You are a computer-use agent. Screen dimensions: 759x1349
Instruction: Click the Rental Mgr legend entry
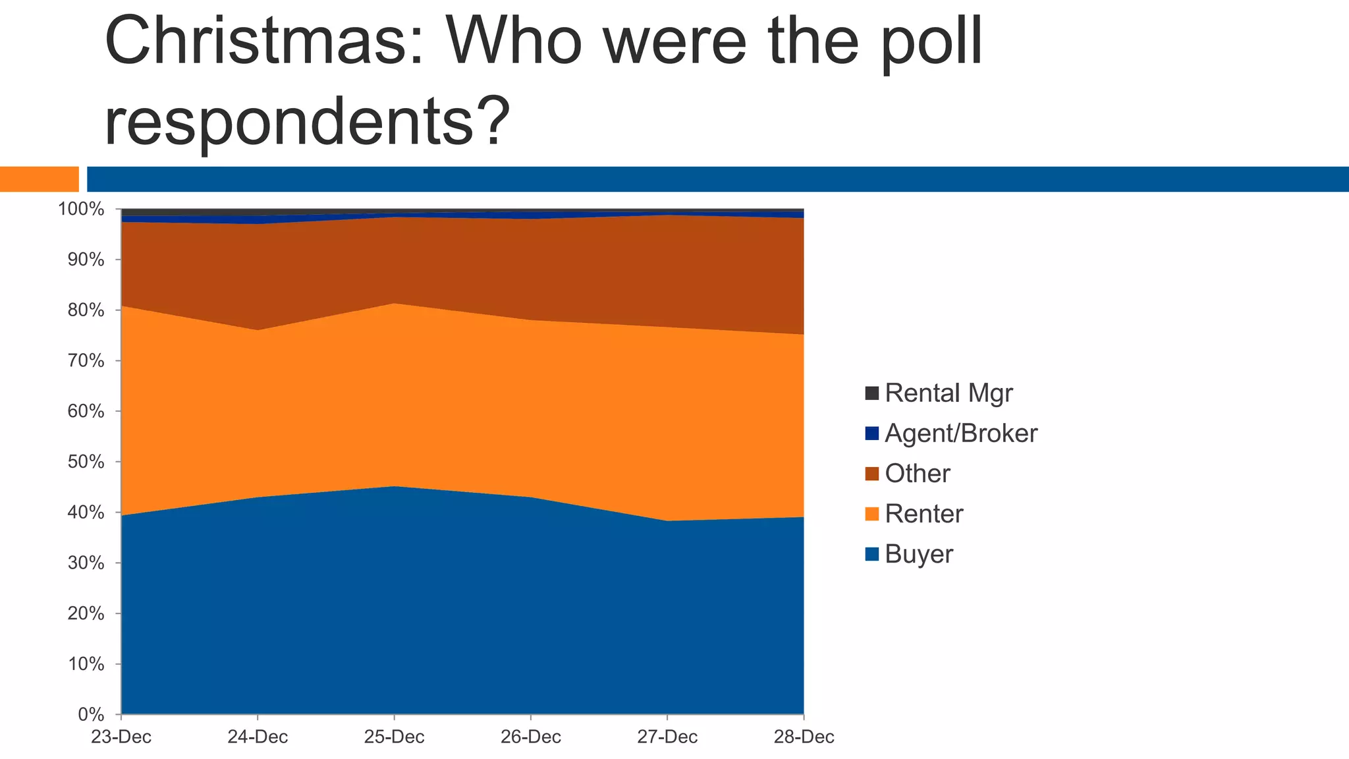coord(949,393)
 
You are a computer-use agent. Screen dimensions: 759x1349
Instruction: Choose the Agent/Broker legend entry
coord(961,434)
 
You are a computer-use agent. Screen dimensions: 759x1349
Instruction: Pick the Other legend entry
coord(918,474)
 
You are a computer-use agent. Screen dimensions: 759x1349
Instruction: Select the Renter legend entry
coord(923,514)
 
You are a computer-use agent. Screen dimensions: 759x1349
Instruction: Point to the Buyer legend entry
coord(919,554)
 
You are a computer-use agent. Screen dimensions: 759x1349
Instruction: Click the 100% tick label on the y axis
coord(82,210)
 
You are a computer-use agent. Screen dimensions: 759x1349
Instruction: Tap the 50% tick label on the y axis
coord(86,462)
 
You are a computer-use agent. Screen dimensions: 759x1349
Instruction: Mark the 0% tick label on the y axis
coord(92,715)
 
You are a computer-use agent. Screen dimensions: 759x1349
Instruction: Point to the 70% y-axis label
coord(86,361)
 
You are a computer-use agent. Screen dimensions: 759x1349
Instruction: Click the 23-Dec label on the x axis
coord(121,737)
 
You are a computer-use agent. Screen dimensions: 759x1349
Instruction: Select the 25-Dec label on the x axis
coord(394,737)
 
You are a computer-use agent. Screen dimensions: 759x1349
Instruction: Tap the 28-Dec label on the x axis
coord(804,737)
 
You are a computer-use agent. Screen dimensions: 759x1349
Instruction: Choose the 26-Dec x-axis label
coord(531,737)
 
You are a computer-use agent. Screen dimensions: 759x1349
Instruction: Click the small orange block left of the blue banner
coord(39,179)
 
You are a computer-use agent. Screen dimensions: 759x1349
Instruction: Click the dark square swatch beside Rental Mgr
coord(872,393)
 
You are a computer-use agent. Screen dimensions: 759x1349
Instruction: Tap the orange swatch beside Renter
coord(872,514)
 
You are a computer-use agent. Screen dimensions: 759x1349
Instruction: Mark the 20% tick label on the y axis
coord(86,613)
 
